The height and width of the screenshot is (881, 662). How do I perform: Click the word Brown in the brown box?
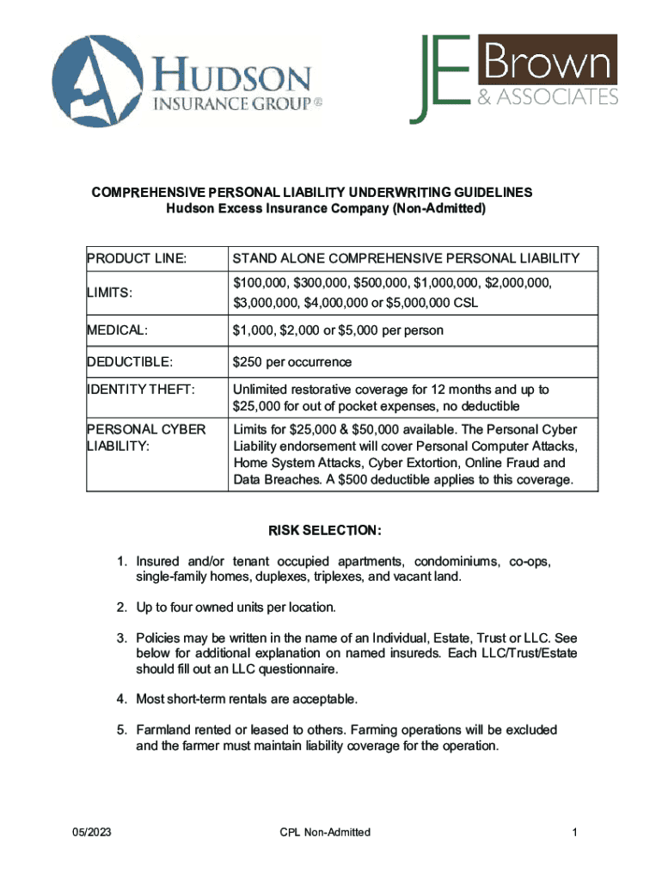tap(545, 60)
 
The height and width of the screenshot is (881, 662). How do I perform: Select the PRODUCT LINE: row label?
tap(137, 258)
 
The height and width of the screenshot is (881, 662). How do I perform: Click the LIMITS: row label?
tap(109, 293)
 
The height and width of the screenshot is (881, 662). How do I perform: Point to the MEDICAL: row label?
tap(117, 330)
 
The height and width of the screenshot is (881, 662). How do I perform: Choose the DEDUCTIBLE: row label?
tap(128, 362)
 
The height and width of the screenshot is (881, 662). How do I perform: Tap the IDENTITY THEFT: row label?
tap(141, 390)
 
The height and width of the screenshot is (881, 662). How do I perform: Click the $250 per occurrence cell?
tap(291, 362)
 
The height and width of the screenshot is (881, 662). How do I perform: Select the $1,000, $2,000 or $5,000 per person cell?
tap(338, 330)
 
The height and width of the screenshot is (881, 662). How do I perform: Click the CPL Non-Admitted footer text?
tap(325, 832)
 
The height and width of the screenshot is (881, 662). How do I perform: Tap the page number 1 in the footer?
tap(572, 832)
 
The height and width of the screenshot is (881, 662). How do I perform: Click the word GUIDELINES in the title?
tap(483, 192)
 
